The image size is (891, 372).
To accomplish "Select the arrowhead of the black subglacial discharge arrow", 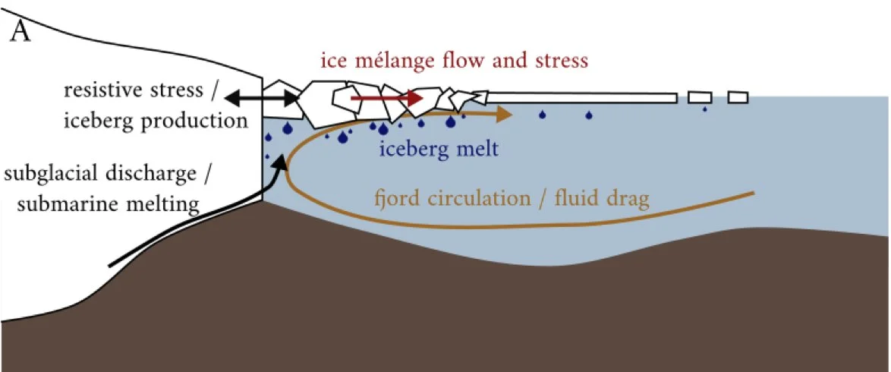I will click(283, 162).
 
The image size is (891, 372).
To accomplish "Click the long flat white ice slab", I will click(581, 98).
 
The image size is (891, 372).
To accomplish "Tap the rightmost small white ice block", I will click(738, 97).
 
